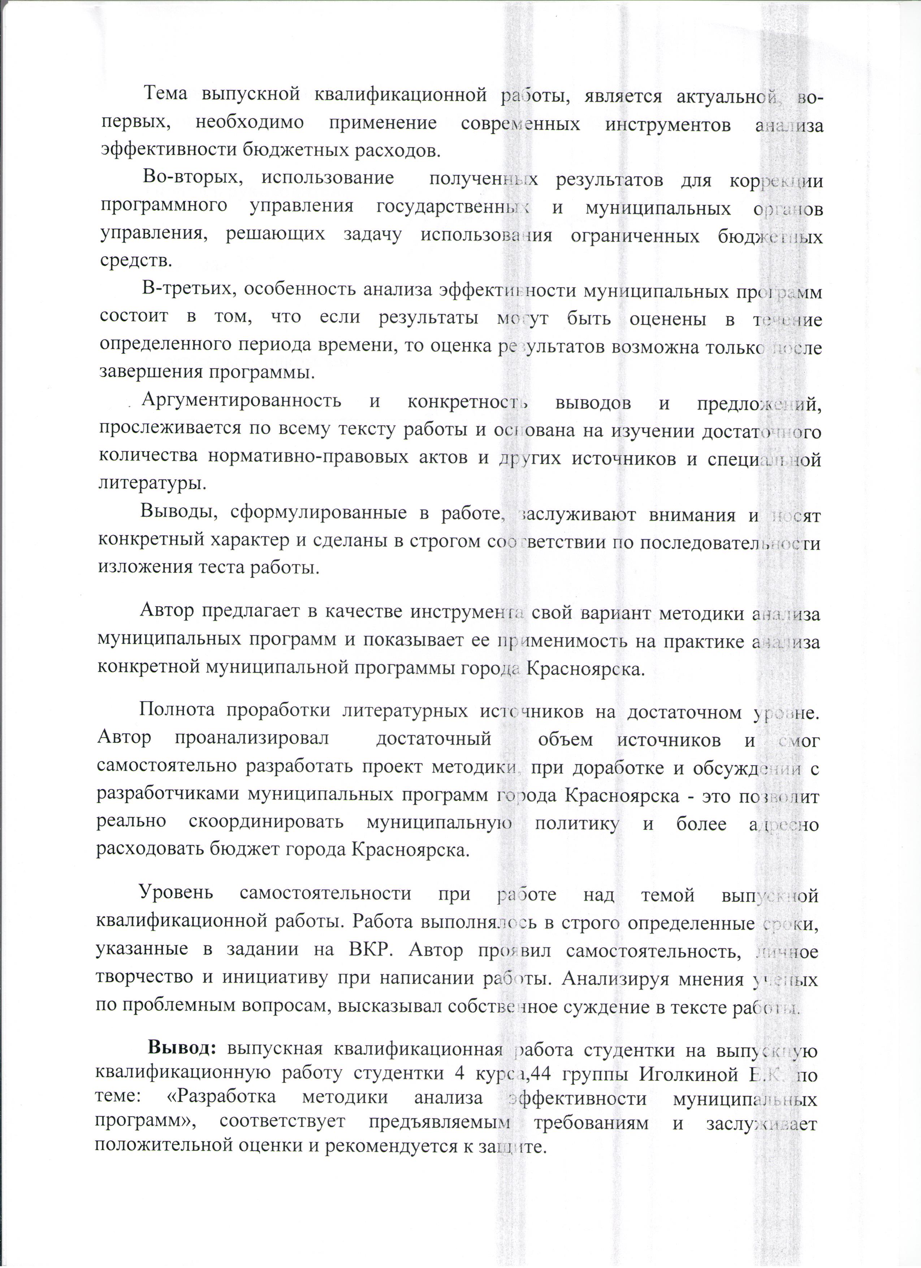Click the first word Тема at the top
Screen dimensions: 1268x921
coord(167,96)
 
